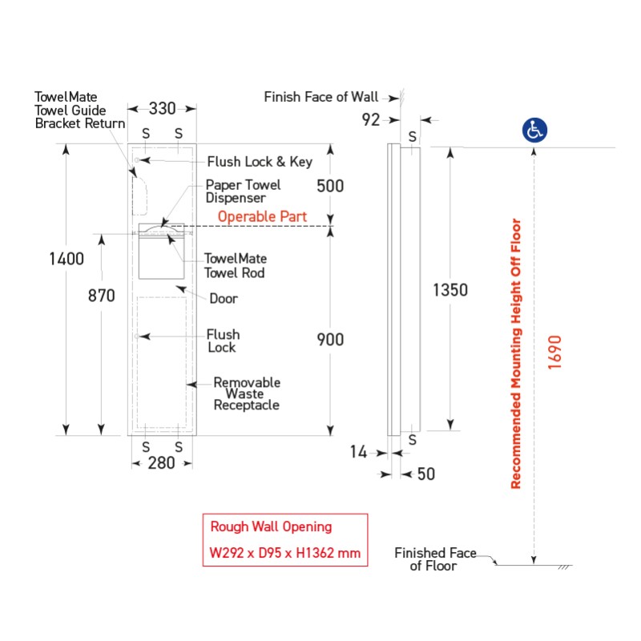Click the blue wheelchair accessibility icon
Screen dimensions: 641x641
click(x=534, y=130)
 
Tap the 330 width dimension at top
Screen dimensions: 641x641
click(x=163, y=108)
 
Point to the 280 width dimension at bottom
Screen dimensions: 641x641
click(x=161, y=463)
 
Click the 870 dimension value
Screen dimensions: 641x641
click(x=101, y=296)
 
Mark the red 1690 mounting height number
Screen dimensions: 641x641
click(x=555, y=350)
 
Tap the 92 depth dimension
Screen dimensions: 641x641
click(x=372, y=120)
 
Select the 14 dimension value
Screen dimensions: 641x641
click(x=358, y=453)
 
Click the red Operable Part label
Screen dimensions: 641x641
click(x=261, y=217)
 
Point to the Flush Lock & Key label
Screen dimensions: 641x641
click(x=260, y=162)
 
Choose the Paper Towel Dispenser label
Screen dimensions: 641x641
click(x=244, y=191)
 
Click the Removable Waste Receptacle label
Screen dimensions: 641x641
click(x=246, y=394)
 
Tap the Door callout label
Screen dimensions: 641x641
click(x=224, y=299)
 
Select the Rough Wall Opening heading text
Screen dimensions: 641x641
click(x=271, y=526)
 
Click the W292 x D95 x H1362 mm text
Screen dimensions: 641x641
click(x=284, y=553)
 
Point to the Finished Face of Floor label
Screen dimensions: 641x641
click(x=435, y=559)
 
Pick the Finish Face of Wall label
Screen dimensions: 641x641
click(x=321, y=97)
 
